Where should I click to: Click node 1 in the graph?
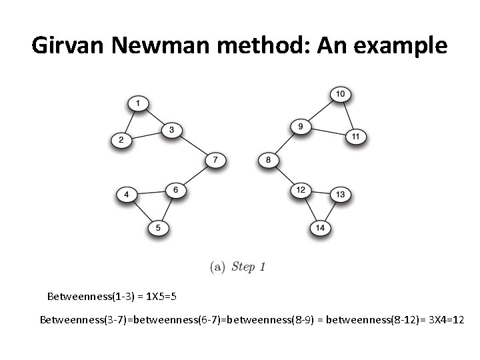click(138, 103)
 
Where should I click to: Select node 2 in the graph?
click(121, 140)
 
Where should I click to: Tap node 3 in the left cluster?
click(171, 130)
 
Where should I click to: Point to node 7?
click(215, 161)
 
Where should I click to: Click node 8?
click(268, 161)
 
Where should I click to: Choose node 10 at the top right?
click(340, 95)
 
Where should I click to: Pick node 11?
click(355, 137)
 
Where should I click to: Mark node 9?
click(301, 127)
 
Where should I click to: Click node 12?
click(301, 191)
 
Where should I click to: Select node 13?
click(340, 195)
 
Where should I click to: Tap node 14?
click(320, 228)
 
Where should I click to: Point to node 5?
click(158, 228)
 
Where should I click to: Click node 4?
click(127, 195)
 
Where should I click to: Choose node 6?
click(175, 191)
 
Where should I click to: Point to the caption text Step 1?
click(249, 267)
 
